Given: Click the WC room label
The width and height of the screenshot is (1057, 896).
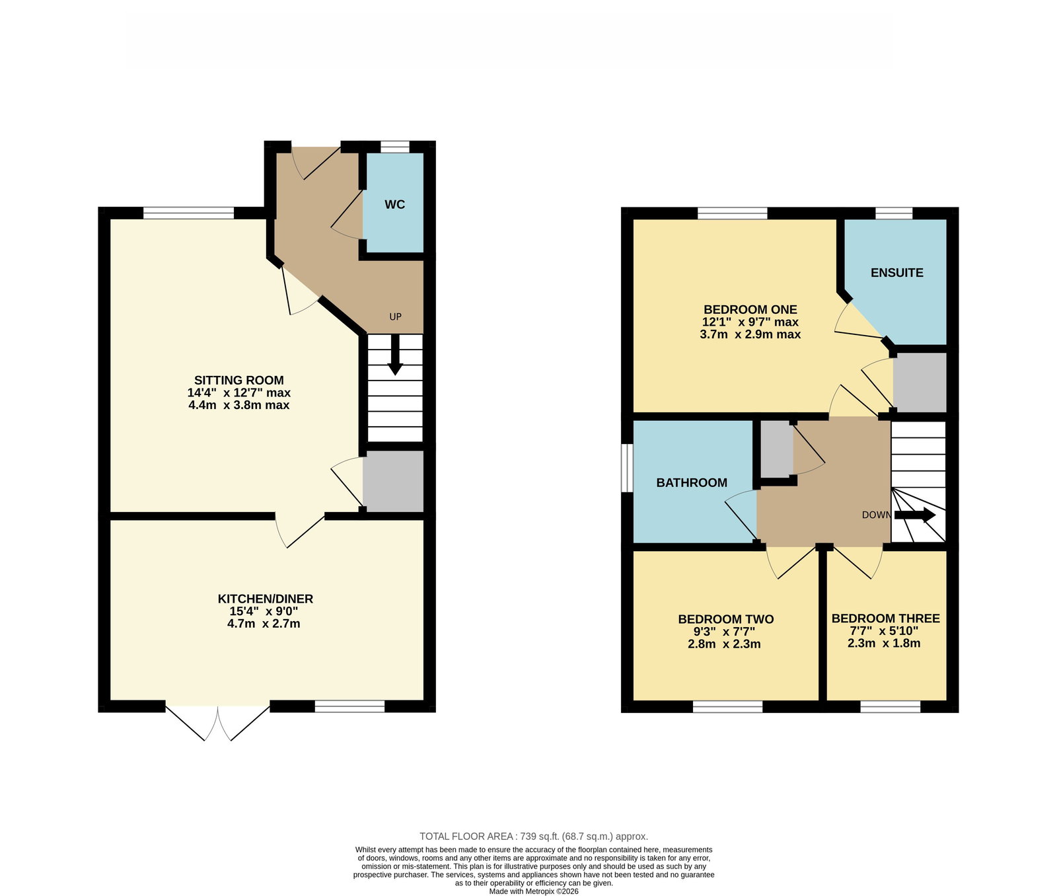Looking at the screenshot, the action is click(x=395, y=205).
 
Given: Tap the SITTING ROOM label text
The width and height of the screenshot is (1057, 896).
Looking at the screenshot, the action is click(x=239, y=380).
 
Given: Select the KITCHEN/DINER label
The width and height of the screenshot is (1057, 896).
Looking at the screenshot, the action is click(x=266, y=599).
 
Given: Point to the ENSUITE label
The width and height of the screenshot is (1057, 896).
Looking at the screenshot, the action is click(x=896, y=273).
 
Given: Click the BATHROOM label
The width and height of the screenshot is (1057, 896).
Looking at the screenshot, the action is click(x=692, y=483).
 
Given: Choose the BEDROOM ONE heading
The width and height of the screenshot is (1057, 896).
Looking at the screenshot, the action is click(x=750, y=309).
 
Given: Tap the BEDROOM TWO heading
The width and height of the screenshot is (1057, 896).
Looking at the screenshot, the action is click(x=726, y=619).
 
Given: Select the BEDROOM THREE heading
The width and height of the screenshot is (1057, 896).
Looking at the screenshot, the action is click(x=885, y=618).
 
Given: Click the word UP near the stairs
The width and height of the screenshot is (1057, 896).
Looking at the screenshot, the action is click(x=395, y=317).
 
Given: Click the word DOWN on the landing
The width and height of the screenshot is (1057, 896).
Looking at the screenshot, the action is click(x=876, y=515).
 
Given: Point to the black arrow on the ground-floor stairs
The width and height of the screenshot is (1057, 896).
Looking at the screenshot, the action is click(x=395, y=355).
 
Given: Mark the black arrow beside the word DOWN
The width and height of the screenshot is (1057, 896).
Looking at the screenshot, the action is click(x=915, y=515).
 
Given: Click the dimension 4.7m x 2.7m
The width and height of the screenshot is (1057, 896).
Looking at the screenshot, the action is click(x=264, y=623).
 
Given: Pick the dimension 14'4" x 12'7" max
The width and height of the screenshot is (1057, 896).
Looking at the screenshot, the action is click(x=239, y=392).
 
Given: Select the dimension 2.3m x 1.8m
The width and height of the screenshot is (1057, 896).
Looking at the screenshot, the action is click(x=884, y=643).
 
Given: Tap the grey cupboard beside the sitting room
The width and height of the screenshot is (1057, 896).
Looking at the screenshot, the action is click(x=393, y=481).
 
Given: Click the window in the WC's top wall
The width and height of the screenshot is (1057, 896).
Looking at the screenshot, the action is click(x=395, y=147).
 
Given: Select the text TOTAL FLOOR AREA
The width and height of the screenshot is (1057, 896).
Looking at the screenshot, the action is click(x=466, y=837).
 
